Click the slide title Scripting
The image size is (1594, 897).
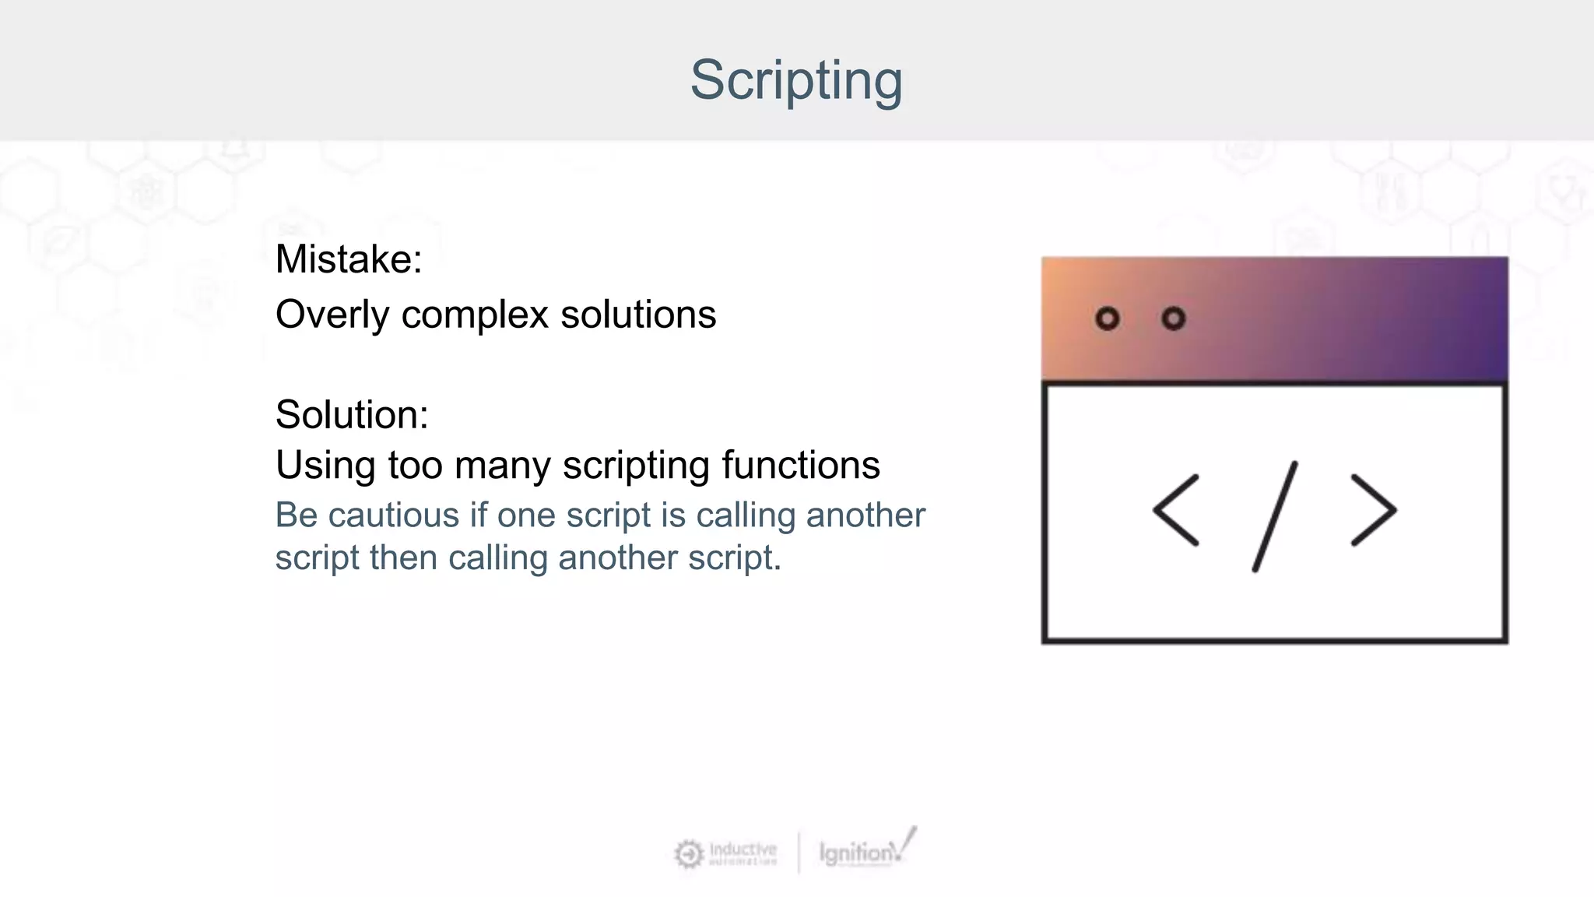[x=795, y=79]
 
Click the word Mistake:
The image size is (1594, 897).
[x=348, y=259]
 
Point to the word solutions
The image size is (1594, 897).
[x=637, y=315]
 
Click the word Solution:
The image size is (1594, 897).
[x=351, y=414]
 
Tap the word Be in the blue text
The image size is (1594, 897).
[x=296, y=515]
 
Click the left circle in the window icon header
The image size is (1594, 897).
[x=1107, y=318]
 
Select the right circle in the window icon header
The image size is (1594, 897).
[x=1173, y=318]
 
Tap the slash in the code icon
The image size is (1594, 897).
[x=1275, y=516]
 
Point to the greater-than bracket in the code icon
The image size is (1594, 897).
[x=1374, y=510]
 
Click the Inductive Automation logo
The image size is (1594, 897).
[x=726, y=853]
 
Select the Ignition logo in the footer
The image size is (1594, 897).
[x=866, y=850]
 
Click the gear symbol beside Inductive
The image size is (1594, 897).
[x=688, y=854]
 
